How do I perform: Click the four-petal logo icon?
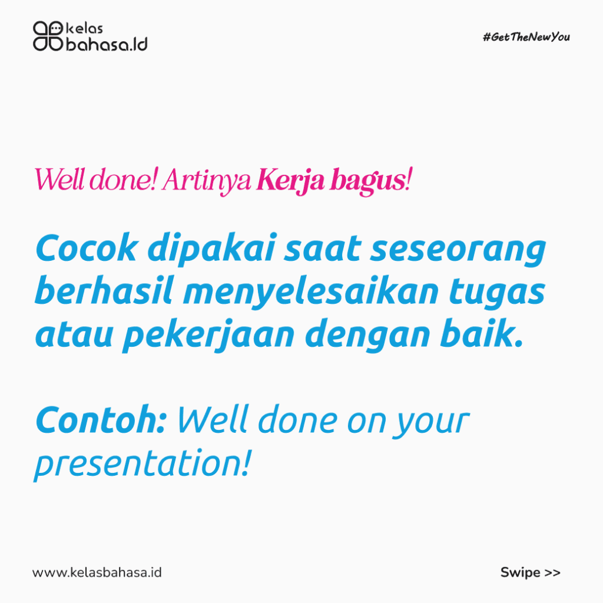pos(48,36)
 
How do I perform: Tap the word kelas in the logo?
pos(85,28)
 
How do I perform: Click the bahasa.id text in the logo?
pos(107,44)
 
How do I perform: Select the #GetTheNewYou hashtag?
pos(526,37)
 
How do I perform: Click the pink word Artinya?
pos(207,180)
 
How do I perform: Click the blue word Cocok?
pos(86,248)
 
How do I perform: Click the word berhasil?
pos(104,291)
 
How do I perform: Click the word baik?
pos(481,333)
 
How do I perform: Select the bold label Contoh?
pos(101,419)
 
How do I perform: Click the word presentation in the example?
pos(143,464)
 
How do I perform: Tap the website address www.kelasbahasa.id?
pos(97,572)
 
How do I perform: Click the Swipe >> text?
pos(531,572)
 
